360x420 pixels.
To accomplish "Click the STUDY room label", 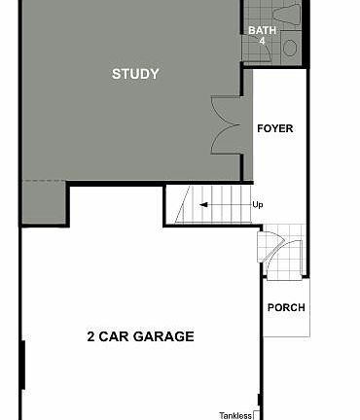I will click(135, 74).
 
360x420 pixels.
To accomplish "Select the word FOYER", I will click(274, 128).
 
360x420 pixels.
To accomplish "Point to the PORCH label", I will click(285, 307).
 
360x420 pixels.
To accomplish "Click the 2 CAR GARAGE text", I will click(140, 337).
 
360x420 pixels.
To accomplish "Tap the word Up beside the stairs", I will click(258, 205).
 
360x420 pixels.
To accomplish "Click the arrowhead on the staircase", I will click(202, 205).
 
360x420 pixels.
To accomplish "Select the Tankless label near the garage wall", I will click(235, 415).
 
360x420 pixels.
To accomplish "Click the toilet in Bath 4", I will click(287, 14).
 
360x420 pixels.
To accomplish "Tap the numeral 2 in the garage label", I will click(90, 337).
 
